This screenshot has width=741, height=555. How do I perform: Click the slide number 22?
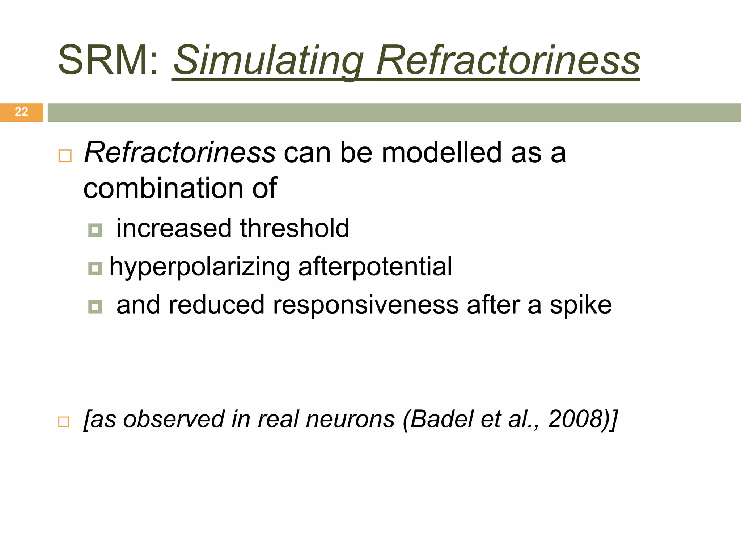click(21, 112)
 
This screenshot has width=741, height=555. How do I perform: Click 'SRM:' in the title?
click(108, 60)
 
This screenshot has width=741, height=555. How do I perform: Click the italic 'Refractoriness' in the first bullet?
click(180, 152)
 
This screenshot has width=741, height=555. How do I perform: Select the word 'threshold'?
click(295, 228)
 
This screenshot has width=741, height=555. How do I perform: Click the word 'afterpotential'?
click(375, 267)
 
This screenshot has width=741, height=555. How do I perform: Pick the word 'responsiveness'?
click(366, 305)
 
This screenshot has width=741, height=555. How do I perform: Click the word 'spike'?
click(580, 305)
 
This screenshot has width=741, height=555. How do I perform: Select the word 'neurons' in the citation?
click(350, 419)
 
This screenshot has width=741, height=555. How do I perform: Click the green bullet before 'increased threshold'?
click(95, 230)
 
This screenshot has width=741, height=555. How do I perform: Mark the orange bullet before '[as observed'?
click(64, 422)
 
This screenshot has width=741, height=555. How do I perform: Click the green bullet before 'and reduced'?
click(95, 307)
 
